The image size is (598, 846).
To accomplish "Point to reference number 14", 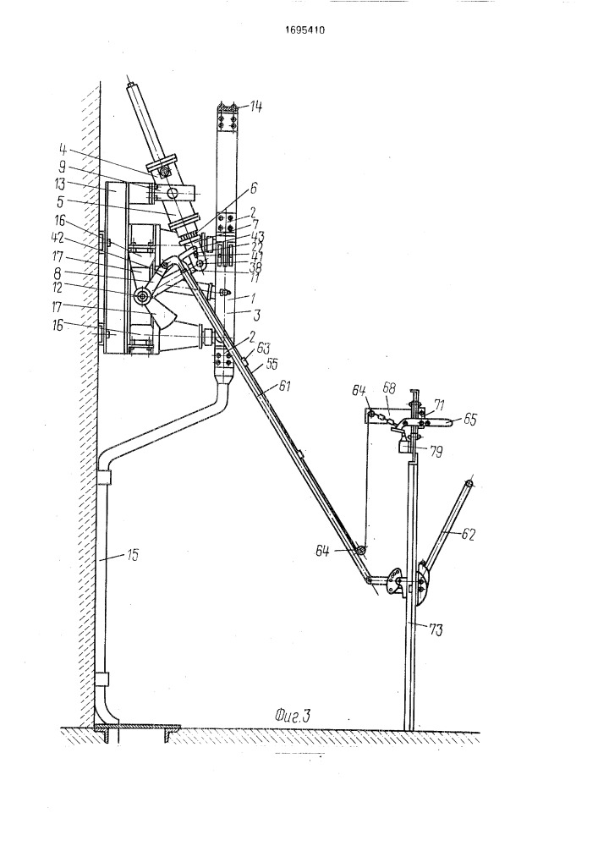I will (255, 107).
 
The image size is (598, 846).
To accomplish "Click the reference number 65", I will (469, 418).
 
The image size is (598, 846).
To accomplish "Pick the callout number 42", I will (81, 239).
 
